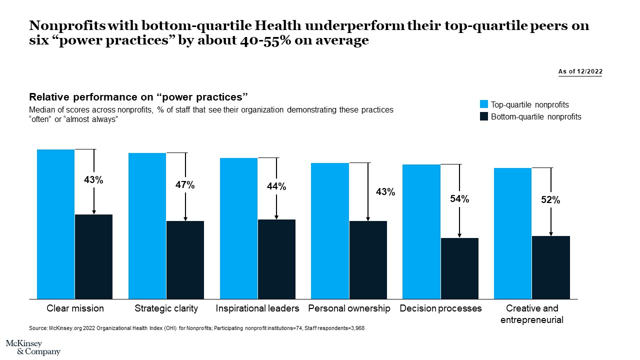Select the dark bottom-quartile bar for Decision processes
tap(459, 268)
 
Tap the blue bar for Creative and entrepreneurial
tap(512, 233)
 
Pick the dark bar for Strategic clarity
tap(185, 260)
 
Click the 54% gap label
tap(459, 199)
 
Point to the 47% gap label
tap(185, 185)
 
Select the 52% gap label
tap(550, 200)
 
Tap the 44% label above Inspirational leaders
tap(276, 186)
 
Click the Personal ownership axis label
tap(349, 308)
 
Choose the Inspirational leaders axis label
tap(257, 308)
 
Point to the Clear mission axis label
tap(75, 308)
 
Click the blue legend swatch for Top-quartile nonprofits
tap(483, 104)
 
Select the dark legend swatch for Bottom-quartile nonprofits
tap(483, 116)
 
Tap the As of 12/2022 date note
tap(580, 71)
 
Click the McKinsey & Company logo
tap(33, 347)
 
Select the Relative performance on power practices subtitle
tap(139, 96)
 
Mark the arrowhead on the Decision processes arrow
tap(459, 235)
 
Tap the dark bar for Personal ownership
tap(368, 260)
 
